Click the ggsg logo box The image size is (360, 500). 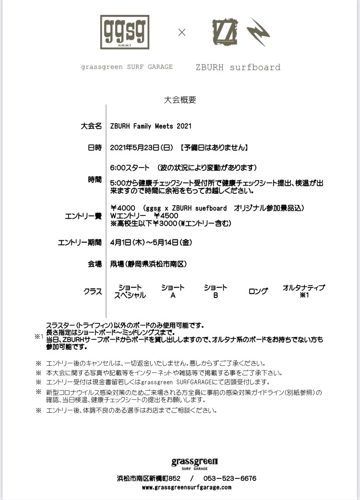pos(125,32)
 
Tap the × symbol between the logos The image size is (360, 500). pos(182,33)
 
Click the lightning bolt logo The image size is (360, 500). pos(258,32)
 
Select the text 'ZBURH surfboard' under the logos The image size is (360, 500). pos(238,67)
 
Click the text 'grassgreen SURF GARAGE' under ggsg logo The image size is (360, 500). pos(127,67)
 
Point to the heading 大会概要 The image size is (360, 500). pos(180,100)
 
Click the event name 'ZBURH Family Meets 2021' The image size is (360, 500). pos(151,126)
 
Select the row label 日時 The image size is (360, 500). pos(95,148)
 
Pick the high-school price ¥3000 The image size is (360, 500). pos(165,223)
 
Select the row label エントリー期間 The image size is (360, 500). pos(80,242)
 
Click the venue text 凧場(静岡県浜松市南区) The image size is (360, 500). pos(148,264)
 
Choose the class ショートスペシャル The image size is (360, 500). pos(130,291)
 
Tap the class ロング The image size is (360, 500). pos(258,291)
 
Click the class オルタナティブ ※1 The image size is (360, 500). pos(303,291)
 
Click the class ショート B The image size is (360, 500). pos(216,291)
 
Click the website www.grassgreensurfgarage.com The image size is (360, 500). pos(186,487)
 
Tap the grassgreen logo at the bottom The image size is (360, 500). pos(195,463)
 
